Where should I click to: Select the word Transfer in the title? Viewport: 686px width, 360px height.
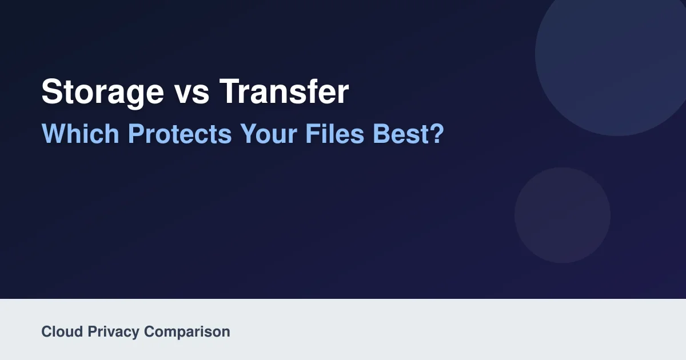pyautogui.click(x=284, y=91)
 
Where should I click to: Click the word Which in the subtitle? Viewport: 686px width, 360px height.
pyautogui.click(x=80, y=134)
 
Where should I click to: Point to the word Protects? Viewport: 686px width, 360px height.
pyautogui.click(x=180, y=134)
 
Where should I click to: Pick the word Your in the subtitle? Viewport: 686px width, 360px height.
pyautogui.click(x=269, y=134)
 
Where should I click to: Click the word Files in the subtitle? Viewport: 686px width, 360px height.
pyautogui.click(x=335, y=134)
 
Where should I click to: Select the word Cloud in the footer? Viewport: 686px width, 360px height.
pyautogui.click(x=62, y=331)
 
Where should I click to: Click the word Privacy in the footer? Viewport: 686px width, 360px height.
pyautogui.click(x=113, y=333)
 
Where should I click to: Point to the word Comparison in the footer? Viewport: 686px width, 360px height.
pyautogui.click(x=187, y=333)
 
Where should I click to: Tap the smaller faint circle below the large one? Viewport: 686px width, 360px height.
pyautogui.click(x=563, y=215)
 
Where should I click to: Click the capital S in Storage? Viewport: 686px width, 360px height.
pyautogui.click(x=52, y=91)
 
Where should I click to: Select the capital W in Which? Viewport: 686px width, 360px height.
pyautogui.click(x=54, y=133)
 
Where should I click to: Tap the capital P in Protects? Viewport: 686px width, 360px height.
pyautogui.click(x=136, y=133)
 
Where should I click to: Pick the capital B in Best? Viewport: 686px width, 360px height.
pyautogui.click(x=381, y=133)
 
